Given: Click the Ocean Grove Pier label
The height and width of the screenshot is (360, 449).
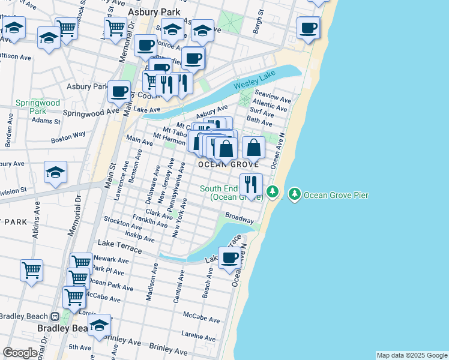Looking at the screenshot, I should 336,195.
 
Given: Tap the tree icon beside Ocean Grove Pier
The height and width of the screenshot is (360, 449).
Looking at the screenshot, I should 295,194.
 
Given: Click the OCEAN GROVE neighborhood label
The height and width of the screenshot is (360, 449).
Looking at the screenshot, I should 229,164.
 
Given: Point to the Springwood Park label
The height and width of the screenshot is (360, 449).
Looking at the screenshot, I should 31,107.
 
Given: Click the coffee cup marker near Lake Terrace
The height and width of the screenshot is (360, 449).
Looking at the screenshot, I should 230,258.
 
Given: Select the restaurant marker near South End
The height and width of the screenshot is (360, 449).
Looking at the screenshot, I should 251,183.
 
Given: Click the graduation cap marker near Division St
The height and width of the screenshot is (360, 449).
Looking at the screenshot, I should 55,172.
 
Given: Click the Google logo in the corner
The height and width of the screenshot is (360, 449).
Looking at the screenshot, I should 20,353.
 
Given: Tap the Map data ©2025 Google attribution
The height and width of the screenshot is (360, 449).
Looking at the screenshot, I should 411,355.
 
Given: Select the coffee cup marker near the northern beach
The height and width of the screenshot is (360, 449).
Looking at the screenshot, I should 309,28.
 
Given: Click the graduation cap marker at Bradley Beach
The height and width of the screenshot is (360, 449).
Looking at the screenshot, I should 99,325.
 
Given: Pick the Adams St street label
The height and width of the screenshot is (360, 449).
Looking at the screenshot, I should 46,121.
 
